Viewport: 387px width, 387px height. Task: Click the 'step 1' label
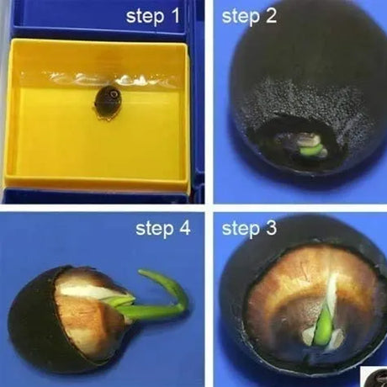[153, 16]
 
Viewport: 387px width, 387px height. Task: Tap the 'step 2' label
[249, 16]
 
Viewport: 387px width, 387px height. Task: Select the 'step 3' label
[249, 229]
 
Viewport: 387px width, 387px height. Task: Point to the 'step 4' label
[163, 229]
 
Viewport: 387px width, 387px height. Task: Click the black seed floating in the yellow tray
[107, 103]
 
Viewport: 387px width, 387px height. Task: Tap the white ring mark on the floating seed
[114, 94]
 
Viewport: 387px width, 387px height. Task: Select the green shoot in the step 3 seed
[322, 326]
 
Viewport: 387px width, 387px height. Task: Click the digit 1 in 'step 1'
[174, 16]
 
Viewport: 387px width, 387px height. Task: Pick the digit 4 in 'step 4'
[184, 228]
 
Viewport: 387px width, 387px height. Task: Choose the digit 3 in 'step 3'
[270, 228]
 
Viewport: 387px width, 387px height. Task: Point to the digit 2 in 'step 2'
[270, 16]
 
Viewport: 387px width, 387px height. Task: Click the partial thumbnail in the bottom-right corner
[374, 377]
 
